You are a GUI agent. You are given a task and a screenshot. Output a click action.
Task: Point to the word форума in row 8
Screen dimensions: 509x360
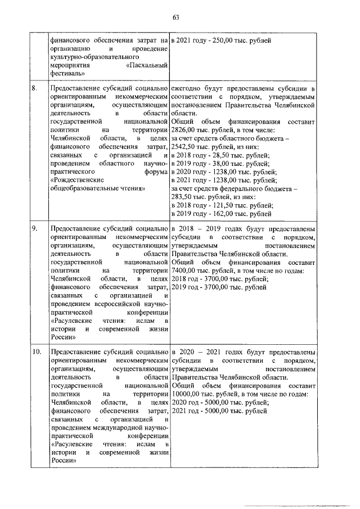click(x=157, y=172)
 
